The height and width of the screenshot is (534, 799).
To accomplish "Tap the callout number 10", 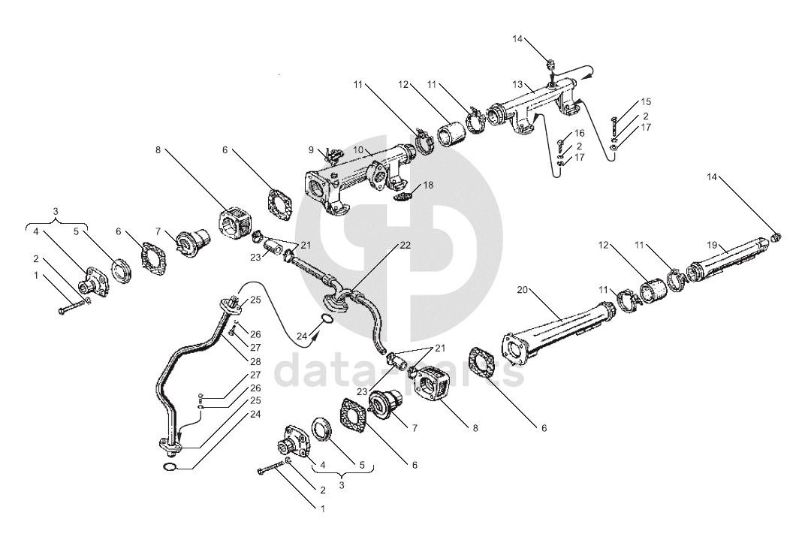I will [x=358, y=150].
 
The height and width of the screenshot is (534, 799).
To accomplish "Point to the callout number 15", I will [x=645, y=102].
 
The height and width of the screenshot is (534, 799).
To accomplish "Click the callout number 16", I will [x=579, y=133].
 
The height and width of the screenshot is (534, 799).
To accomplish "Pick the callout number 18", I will [x=428, y=185].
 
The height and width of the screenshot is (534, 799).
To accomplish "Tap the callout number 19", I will [x=712, y=245].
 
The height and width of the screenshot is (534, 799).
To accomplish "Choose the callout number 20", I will [x=523, y=289].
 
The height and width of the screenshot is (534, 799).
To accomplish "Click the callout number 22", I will [x=405, y=246].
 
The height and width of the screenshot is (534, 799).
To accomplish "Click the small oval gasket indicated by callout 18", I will [x=405, y=197].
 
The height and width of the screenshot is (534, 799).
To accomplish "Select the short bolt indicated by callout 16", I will [x=561, y=143].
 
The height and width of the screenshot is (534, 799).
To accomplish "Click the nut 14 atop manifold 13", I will [x=550, y=68].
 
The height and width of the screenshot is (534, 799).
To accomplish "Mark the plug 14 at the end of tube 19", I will [x=776, y=237].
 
